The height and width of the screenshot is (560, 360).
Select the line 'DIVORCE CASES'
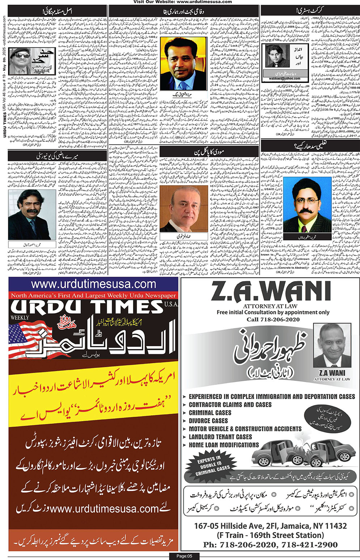(208, 421)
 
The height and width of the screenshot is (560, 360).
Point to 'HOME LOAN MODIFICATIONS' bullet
(224, 445)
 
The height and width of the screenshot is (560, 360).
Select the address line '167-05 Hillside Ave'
(270, 526)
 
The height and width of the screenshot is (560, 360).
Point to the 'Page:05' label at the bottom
(184, 556)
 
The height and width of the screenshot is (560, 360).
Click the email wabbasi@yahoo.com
(282, 77)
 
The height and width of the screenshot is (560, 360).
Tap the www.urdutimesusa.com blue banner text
(93, 284)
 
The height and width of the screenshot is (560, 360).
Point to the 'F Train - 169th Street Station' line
(270, 535)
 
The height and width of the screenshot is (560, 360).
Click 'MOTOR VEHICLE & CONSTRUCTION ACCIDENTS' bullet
(245, 429)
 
